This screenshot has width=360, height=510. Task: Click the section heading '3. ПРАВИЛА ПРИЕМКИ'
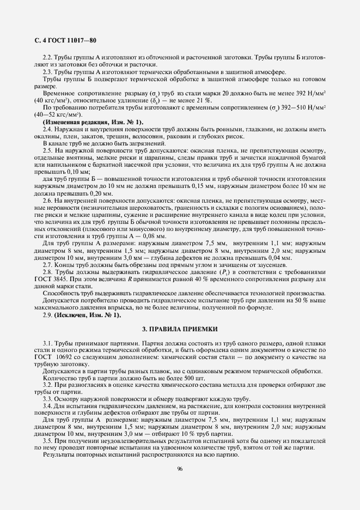pos(180,329)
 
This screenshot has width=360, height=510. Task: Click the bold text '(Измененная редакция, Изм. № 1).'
pos(93,122)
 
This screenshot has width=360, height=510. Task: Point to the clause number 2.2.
pos(47,57)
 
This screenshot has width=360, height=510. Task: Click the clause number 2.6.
pos(47,201)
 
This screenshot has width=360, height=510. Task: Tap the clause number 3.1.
pos(47,342)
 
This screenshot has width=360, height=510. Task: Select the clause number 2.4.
pos(47,129)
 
